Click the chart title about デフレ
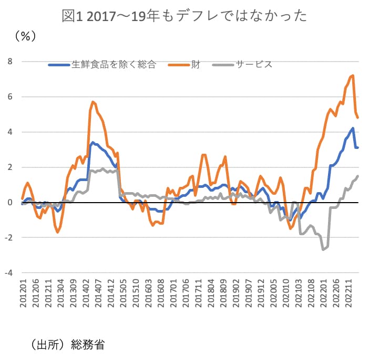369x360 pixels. (x=184, y=16)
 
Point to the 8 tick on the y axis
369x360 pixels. (x=10, y=62)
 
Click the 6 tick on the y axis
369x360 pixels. (x=10, y=97)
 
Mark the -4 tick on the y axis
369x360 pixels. (x=8, y=273)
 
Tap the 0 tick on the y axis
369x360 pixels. (x=10, y=202)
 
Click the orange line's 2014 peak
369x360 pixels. (x=93, y=102)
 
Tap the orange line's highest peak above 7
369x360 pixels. (x=353, y=75)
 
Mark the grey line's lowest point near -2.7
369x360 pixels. (x=323, y=249)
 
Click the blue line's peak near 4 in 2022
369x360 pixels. (x=353, y=128)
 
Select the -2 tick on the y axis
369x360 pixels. (x=8, y=237)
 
